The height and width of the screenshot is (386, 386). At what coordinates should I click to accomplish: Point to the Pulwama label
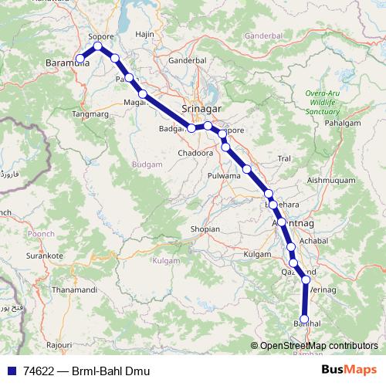click(x=225, y=176)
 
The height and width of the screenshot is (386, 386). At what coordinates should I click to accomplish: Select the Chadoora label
click(x=193, y=153)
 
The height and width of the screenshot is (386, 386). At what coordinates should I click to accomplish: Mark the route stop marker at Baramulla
click(x=80, y=58)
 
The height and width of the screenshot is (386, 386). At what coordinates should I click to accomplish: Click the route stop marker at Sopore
click(x=98, y=47)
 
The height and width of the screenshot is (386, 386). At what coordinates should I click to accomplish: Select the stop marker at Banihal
click(x=304, y=319)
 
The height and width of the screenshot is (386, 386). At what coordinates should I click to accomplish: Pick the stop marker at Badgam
click(x=191, y=128)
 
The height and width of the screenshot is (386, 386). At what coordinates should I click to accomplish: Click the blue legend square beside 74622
click(x=8, y=371)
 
